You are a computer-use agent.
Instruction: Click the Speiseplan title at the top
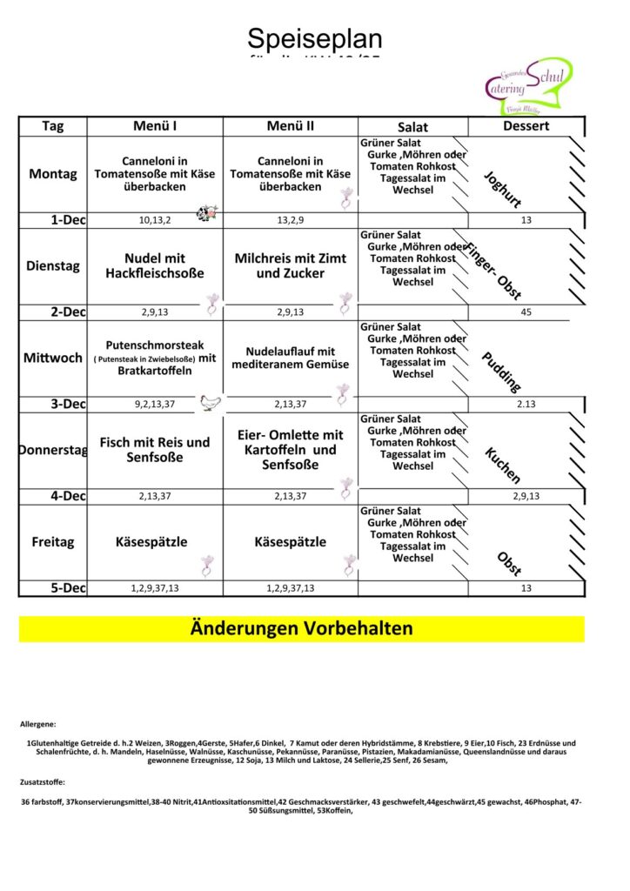pos(314,39)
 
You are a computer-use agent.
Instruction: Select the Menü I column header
pos(155,126)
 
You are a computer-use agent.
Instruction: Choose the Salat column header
pos(412,127)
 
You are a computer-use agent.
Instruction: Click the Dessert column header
pos(526,126)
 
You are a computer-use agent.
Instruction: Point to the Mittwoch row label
pos(52,358)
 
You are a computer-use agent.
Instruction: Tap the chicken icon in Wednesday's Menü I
pos(211,402)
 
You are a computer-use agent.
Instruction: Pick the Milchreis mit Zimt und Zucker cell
pos(291,265)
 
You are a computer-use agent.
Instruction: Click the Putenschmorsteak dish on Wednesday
pos(155,358)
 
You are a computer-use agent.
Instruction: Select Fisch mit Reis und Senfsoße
pos(155,449)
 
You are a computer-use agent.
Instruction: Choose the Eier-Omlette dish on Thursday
pos(291,449)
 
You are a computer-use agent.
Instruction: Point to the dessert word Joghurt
pos(502,190)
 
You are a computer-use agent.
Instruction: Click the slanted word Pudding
pos(501,372)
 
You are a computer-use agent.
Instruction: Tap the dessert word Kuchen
pos(502,466)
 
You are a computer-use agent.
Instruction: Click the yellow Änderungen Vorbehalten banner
pos(301,628)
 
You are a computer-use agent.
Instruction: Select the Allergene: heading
pos(38,724)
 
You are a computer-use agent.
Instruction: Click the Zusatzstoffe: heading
pos(43,782)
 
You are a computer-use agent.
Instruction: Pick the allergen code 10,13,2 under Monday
pos(155,220)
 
